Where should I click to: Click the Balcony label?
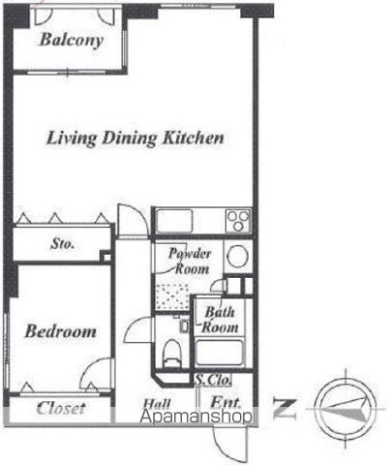tap(72, 40)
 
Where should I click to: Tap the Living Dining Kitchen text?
tap(135, 138)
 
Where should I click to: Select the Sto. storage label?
tap(62, 244)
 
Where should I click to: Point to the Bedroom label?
tap(61, 331)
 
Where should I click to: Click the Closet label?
tap(61, 408)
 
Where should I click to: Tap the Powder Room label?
tap(190, 261)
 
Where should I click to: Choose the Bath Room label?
tap(220, 320)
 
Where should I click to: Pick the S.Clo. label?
tap(213, 380)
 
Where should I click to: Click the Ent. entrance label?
tap(226, 402)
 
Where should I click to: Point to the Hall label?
tap(157, 404)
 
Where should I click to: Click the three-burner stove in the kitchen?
tap(238, 221)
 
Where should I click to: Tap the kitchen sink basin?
tap(174, 221)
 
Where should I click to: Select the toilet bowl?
tap(171, 353)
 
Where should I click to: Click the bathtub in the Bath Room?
tap(219, 353)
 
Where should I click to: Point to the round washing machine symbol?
tap(238, 257)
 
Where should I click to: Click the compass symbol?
tap(346, 409)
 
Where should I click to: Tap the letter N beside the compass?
tap(285, 409)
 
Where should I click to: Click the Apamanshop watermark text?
tap(195, 417)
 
